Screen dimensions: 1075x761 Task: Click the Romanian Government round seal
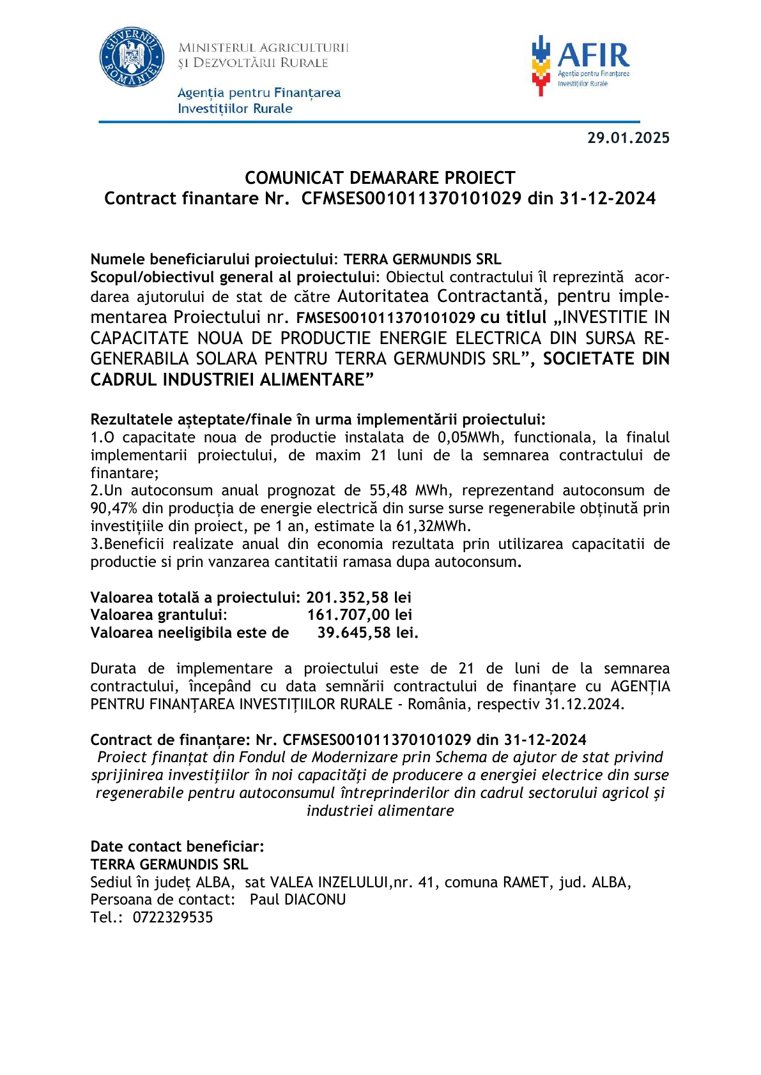(x=132, y=57)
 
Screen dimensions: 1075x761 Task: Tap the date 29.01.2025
(x=628, y=138)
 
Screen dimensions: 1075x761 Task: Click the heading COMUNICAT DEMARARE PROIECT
(x=380, y=177)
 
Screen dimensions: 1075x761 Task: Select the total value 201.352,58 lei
(x=358, y=598)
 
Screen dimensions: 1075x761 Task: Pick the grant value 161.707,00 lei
(x=360, y=615)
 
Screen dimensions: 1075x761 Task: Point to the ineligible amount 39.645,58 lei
(x=367, y=633)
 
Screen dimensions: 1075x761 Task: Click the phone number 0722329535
(x=173, y=917)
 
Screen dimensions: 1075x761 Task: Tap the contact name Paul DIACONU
(x=298, y=899)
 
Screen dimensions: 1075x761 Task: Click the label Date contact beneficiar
(x=177, y=846)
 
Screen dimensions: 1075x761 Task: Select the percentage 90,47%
(x=114, y=508)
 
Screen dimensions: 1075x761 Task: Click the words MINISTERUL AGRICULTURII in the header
(x=263, y=48)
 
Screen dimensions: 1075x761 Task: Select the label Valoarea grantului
(x=158, y=615)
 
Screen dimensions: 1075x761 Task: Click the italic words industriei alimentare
(x=380, y=811)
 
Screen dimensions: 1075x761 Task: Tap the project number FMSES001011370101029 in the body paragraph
(x=385, y=317)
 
